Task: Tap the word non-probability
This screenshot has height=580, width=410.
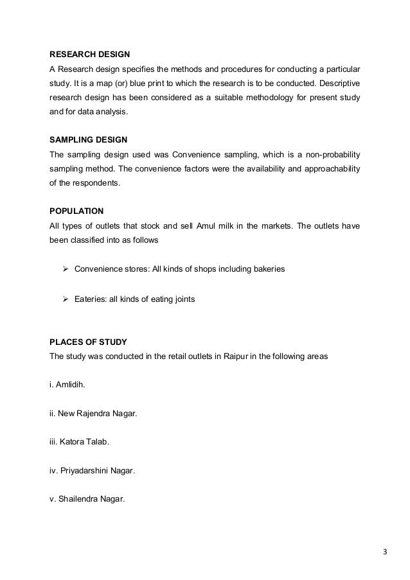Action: click(333, 154)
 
